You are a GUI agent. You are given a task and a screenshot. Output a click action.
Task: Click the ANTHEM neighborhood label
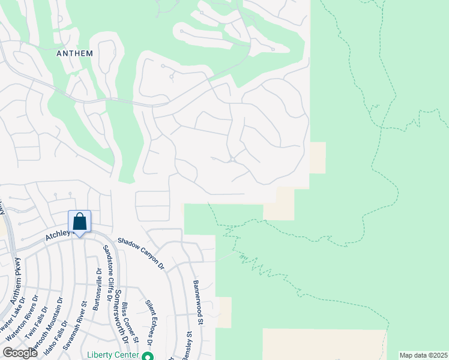click(x=74, y=53)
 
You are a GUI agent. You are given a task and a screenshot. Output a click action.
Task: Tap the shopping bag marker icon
click(x=80, y=222)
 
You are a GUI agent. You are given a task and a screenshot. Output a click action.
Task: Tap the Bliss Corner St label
click(x=131, y=323)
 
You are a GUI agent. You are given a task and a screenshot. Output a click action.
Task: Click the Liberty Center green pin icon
click(x=146, y=356)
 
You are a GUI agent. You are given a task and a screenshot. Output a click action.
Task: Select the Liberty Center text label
click(x=111, y=354)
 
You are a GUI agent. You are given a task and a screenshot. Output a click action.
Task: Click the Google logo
click(x=20, y=353)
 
